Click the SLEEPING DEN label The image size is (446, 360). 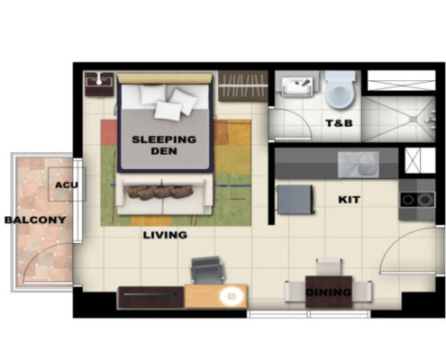164,145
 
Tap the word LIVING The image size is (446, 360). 165,235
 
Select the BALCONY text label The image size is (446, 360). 35,220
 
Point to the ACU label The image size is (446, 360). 67,184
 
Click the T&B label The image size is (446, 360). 339,123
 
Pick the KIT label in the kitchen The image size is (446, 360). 349,200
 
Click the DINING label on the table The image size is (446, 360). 328,292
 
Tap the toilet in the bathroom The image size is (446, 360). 340,90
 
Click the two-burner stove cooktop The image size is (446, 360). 417,200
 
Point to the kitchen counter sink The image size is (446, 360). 358,165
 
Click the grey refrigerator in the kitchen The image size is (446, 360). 296,199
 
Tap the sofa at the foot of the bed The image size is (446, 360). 164,194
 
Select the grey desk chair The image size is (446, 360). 207,270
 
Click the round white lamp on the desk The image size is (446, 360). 231,296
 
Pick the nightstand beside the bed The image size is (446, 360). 99,85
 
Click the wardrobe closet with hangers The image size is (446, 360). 243,85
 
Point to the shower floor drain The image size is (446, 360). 414,120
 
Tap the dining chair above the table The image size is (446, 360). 329,267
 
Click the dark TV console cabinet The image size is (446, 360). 151,297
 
